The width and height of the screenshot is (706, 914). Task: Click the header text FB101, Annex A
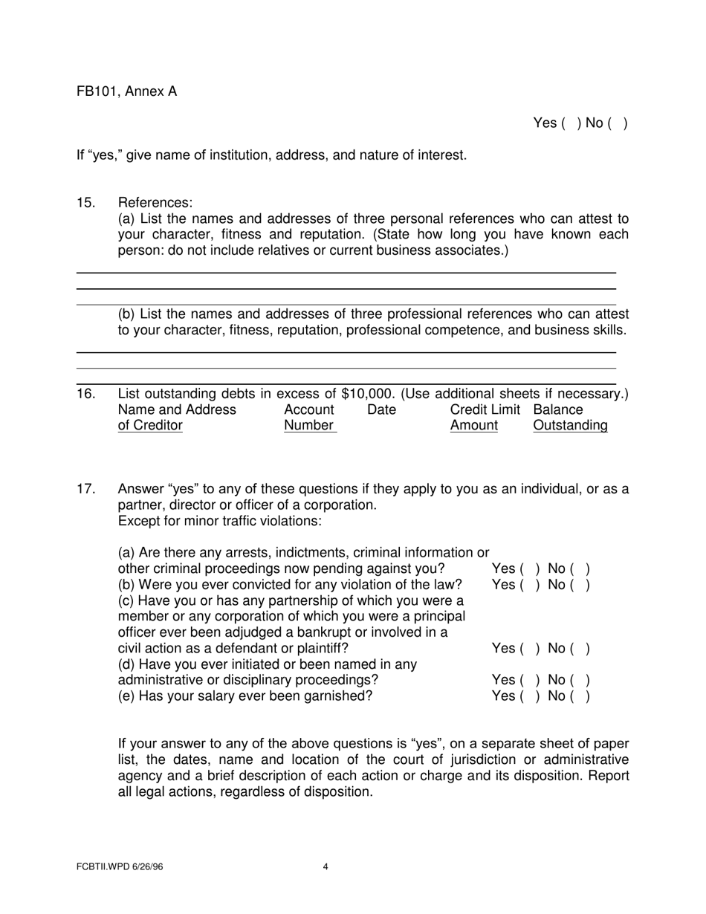point(126,91)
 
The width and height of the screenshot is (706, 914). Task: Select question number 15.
point(85,203)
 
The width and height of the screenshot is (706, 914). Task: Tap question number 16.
point(85,394)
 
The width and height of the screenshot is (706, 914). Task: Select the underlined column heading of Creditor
point(150,426)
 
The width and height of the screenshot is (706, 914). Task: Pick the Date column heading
point(381,410)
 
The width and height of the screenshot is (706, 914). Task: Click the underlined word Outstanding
point(570,426)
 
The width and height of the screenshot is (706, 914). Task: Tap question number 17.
point(85,489)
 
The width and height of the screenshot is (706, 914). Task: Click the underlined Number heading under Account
point(309,426)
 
